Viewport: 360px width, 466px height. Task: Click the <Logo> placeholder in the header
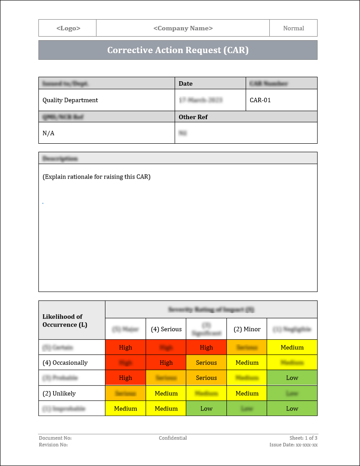coord(68,28)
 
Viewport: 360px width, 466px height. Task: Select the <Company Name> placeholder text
coord(183,28)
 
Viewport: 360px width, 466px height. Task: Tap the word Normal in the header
coord(293,28)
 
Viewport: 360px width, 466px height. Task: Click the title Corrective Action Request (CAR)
coord(178,50)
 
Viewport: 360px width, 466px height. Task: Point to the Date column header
coord(186,83)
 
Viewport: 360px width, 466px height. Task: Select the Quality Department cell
coord(70,100)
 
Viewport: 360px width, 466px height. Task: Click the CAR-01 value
coord(260,100)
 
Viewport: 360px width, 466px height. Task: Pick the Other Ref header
coord(193,117)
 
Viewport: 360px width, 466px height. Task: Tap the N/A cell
coord(48,133)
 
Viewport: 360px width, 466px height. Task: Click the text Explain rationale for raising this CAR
coord(96,177)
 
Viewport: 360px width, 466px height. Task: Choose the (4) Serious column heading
coord(166,329)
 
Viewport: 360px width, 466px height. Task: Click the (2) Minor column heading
coord(247,329)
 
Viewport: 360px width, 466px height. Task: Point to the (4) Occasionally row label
coord(65,362)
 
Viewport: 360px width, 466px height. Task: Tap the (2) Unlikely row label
coord(59,393)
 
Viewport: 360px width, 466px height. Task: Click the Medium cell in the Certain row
coord(292,347)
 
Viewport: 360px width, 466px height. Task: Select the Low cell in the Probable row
coord(292,378)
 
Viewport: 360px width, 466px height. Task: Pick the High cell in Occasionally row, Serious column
coord(166,362)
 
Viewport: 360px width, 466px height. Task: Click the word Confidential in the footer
coord(173,438)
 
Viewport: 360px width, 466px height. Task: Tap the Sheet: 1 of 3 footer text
coord(303,438)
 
